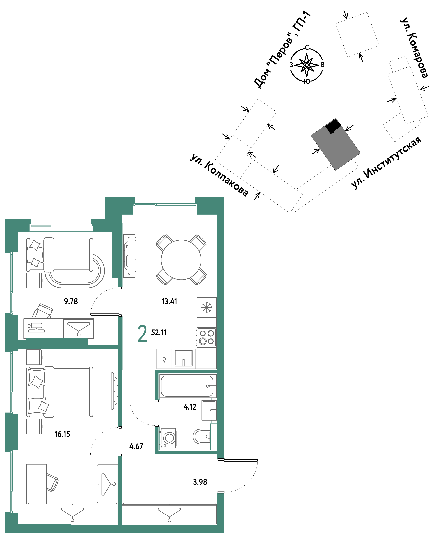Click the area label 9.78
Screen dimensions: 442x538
(x=71, y=301)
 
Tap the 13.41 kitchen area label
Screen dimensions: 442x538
(x=169, y=301)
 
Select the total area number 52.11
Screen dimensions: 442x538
(x=159, y=333)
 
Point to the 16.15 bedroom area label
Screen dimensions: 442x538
(x=62, y=434)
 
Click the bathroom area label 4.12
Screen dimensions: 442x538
(x=190, y=407)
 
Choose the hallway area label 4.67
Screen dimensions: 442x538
(x=136, y=446)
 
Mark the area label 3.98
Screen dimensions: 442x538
(x=200, y=482)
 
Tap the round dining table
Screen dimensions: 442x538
(x=181, y=260)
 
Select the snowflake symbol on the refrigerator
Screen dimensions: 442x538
(x=207, y=307)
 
